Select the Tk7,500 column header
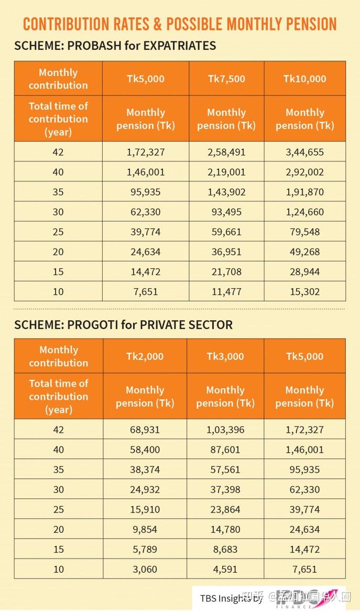tap(226, 79)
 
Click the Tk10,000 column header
tap(304, 79)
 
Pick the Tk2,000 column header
tap(145, 356)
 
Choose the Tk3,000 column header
tap(225, 356)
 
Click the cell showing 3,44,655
tap(304, 152)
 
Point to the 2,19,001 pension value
tap(226, 172)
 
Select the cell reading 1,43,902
tap(226, 192)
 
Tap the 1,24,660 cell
tap(304, 212)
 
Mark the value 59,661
tap(226, 232)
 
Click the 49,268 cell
tap(304, 252)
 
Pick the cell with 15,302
tap(304, 291)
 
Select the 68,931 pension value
tap(145, 430)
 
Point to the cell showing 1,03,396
tap(225, 430)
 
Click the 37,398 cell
tap(225, 489)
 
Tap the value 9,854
tap(145, 529)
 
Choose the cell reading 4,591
tap(225, 569)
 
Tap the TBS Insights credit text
tap(231, 598)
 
